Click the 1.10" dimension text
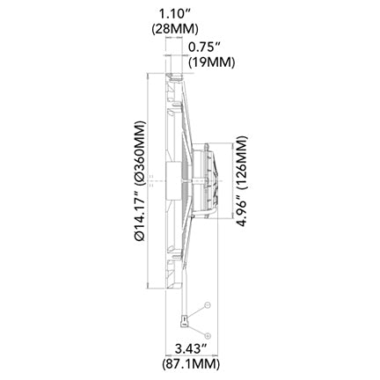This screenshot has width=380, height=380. click(174, 14)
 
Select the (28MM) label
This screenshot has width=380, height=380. click(175, 29)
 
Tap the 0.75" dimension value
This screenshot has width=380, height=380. click(204, 47)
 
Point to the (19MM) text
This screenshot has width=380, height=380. click(212, 62)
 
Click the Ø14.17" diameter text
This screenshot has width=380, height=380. click(139, 216)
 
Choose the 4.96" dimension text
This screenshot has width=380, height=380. click(242, 209)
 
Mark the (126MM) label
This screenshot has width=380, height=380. click(242, 162)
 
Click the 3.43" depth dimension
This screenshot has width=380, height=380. click(191, 349)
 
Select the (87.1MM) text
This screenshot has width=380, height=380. click(191, 364)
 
